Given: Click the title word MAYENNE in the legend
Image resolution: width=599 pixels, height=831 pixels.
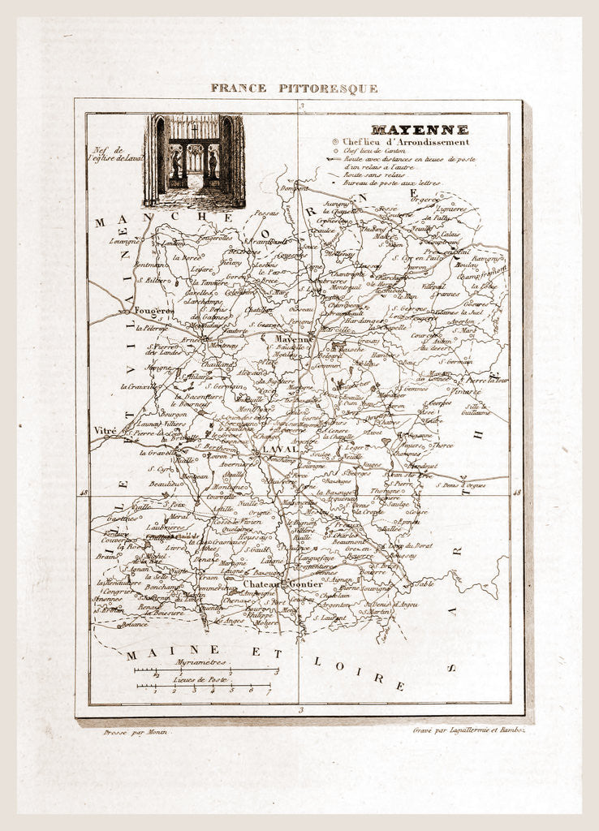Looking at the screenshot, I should (x=419, y=130).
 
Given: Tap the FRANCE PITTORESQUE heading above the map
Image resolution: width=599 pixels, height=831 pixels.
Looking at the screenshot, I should (x=294, y=88).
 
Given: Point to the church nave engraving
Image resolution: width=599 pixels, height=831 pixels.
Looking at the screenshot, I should (x=195, y=161).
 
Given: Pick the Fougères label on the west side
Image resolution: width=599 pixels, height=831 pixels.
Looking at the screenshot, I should (x=154, y=311).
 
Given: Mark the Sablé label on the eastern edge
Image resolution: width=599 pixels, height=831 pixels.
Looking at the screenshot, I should (x=425, y=583).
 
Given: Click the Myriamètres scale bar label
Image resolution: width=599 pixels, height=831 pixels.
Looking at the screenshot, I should (x=200, y=662).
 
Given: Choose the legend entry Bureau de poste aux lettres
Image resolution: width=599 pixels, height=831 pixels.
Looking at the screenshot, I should (x=391, y=183).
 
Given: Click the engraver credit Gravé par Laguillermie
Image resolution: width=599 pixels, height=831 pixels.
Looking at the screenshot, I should (x=468, y=731).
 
